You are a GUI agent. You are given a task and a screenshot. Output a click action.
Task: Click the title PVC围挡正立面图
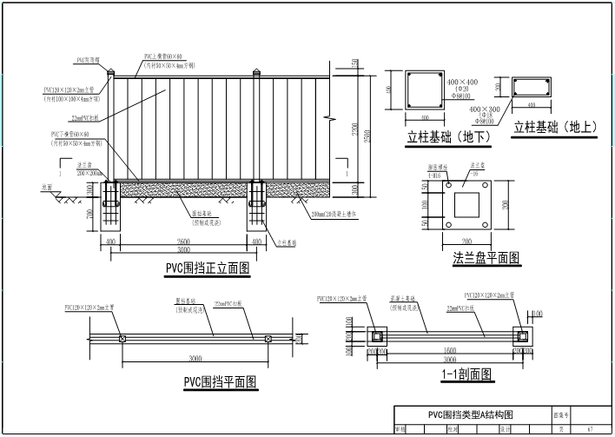pos(208,269)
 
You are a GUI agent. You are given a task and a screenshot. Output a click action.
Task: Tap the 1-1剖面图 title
pos(466,375)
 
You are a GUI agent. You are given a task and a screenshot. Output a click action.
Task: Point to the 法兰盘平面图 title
pos(486,257)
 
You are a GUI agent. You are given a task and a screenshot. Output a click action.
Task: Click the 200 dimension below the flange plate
pos(466,241)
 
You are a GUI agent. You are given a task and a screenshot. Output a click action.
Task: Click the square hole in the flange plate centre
pos(466,205)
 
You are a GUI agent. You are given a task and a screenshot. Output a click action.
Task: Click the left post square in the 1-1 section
pos(379,336)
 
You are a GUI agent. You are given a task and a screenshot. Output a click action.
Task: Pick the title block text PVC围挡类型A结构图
pos(472,414)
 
